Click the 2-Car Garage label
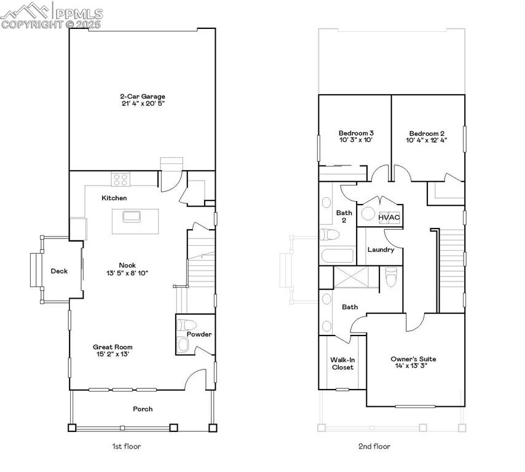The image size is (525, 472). pyautogui.click(x=142, y=96)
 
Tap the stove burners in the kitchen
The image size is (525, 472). pyautogui.click(x=120, y=179)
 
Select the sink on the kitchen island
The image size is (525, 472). pyautogui.click(x=132, y=216)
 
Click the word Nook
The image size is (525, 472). pyautogui.click(x=127, y=265)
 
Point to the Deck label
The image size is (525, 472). pyautogui.click(x=59, y=271)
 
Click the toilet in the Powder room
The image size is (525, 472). pyautogui.click(x=185, y=325)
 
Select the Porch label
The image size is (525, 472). pyautogui.click(x=143, y=409)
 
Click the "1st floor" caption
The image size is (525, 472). pyautogui.click(x=127, y=446)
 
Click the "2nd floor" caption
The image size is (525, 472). pyautogui.click(x=375, y=446)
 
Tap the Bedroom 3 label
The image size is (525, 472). pyautogui.click(x=356, y=133)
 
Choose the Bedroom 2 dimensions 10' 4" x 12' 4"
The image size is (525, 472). pyautogui.click(x=426, y=140)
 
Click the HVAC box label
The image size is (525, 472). pyautogui.click(x=389, y=218)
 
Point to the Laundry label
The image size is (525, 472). pyautogui.click(x=381, y=250)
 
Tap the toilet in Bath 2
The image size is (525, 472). pyautogui.click(x=329, y=235)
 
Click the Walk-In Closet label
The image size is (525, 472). pyautogui.click(x=342, y=363)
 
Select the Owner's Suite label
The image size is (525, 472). pyautogui.click(x=413, y=359)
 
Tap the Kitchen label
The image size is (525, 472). pyautogui.click(x=114, y=198)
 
